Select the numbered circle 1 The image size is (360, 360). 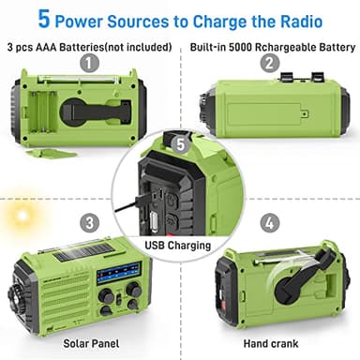[x=90, y=64]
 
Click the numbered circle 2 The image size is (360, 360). [x=270, y=64]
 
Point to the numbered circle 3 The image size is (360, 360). [x=90, y=222]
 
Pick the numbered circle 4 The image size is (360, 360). [x=270, y=222]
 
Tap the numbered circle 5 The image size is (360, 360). [x=181, y=144]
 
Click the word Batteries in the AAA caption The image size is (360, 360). [x=82, y=46]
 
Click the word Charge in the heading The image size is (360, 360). [x=217, y=19]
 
